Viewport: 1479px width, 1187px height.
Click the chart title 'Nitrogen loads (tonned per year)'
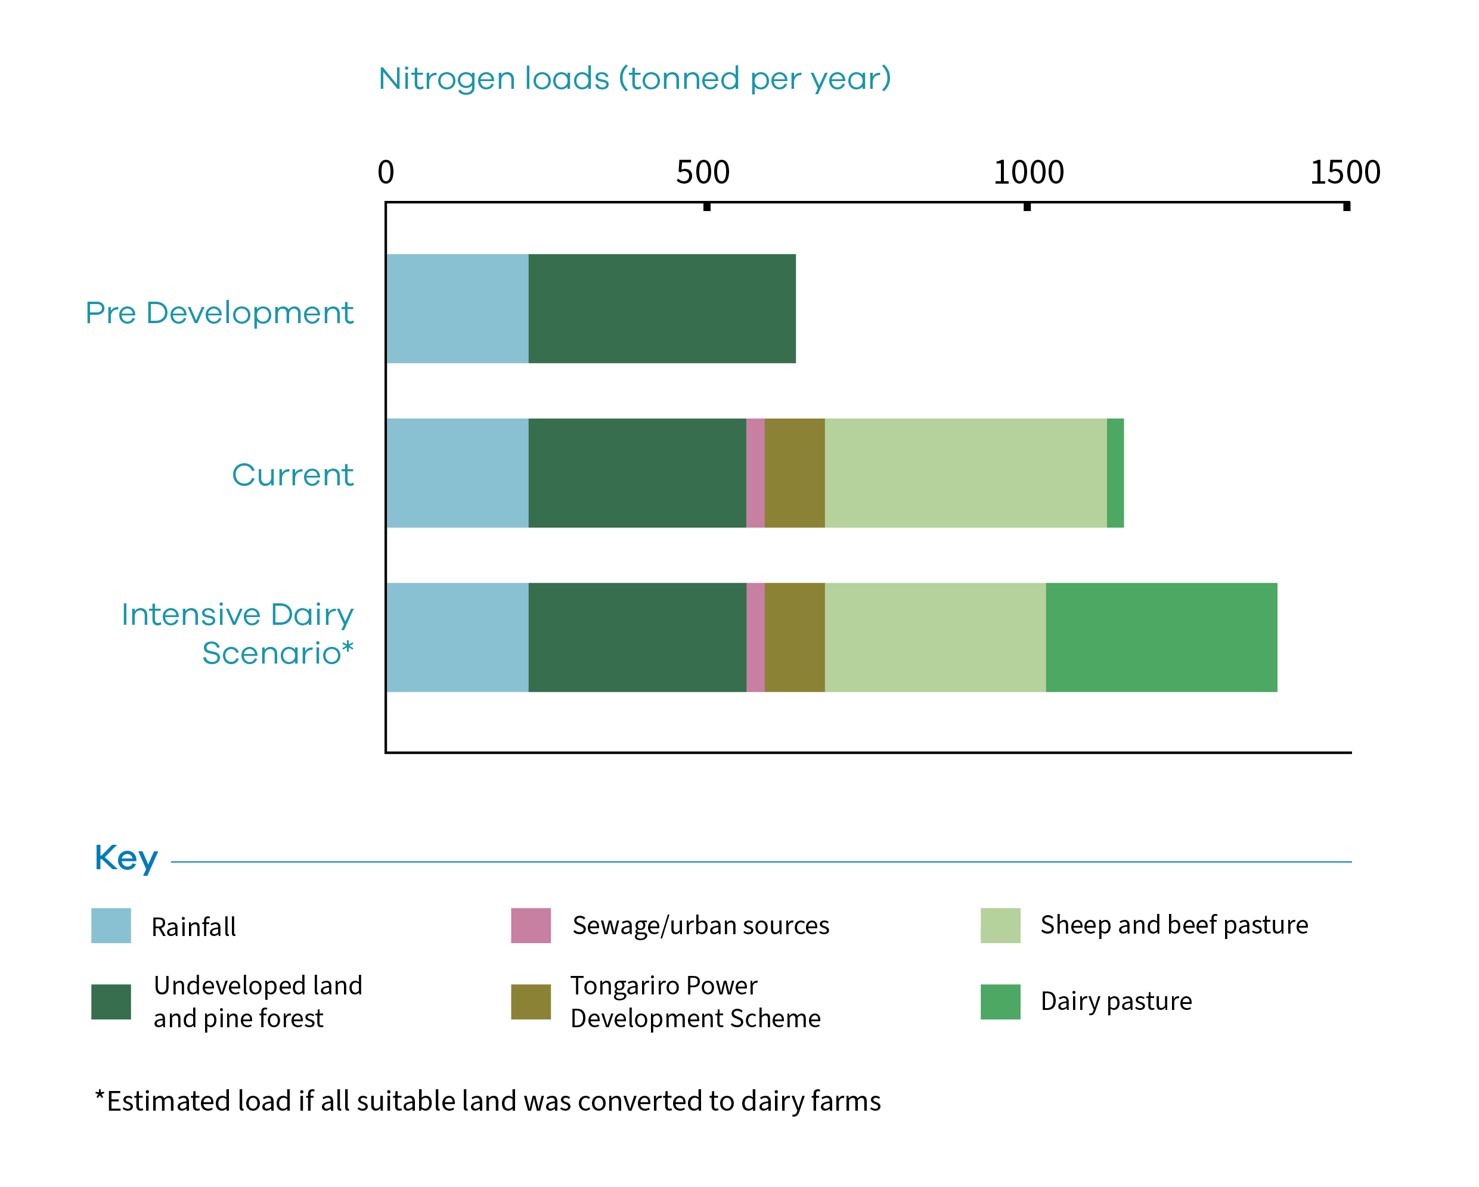[x=634, y=78]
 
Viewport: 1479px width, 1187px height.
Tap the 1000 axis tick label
[x=1028, y=172]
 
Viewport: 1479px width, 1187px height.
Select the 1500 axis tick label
[x=1344, y=172]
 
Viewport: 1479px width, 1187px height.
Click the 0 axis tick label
[x=386, y=172]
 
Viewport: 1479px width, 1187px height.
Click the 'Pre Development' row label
[x=219, y=313]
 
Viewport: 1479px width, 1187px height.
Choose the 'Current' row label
[x=292, y=475]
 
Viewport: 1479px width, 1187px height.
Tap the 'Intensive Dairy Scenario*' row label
[x=237, y=633]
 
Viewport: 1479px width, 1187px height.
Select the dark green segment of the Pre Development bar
[x=662, y=309]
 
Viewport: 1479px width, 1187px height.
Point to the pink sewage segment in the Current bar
[x=755, y=473]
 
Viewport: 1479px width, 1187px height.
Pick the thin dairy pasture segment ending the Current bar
[x=1115, y=473]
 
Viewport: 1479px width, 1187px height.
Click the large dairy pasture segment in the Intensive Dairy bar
[x=1161, y=637]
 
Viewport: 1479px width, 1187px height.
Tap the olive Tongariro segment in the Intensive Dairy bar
[x=795, y=637]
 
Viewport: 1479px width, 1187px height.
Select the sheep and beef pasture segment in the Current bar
[x=965, y=473]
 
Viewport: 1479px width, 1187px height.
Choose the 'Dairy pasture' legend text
[x=1116, y=1001]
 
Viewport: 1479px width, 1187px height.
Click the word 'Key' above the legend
[x=126, y=859]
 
